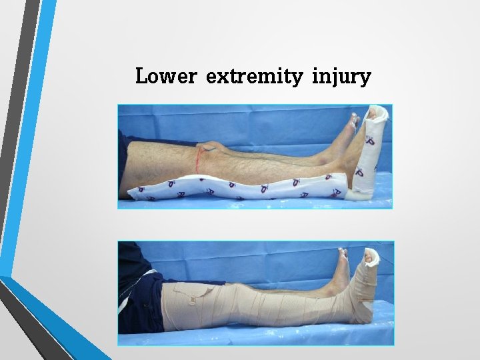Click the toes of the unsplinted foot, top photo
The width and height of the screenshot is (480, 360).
pyautogui.click(x=351, y=121)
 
